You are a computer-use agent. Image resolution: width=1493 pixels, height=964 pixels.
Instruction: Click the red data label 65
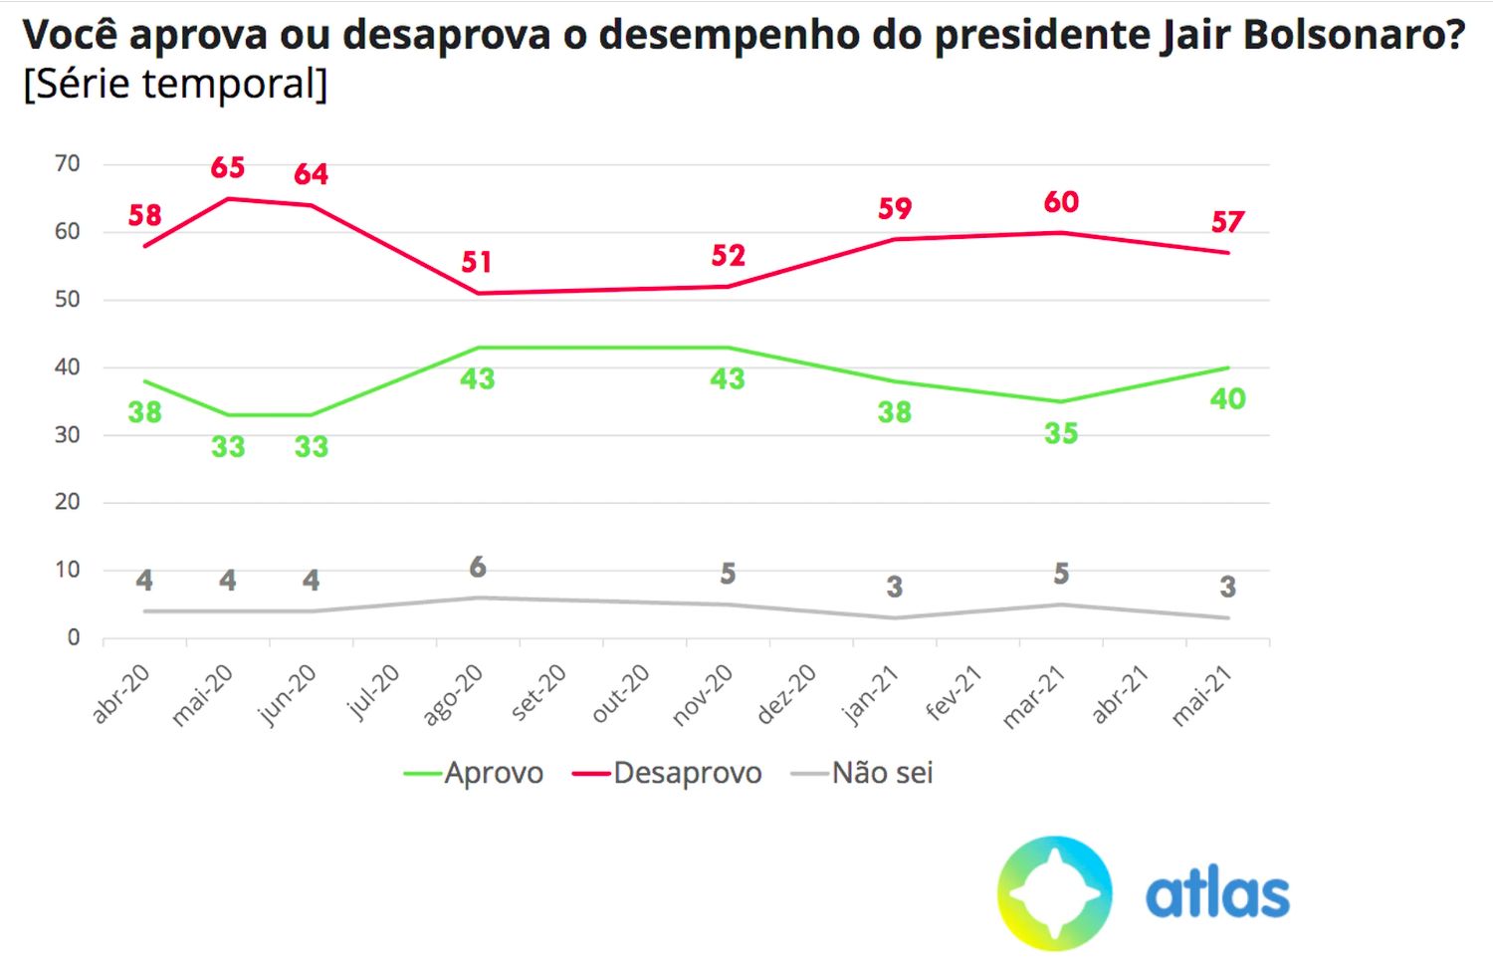(228, 167)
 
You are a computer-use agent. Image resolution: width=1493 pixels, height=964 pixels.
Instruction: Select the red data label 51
(477, 262)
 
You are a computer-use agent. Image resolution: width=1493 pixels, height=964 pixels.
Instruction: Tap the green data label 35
(1061, 433)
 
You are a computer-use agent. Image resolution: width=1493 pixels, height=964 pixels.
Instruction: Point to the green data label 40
(1227, 399)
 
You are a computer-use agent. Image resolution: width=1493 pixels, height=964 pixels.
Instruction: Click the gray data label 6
(478, 567)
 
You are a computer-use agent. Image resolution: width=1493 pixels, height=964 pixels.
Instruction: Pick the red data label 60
(1061, 202)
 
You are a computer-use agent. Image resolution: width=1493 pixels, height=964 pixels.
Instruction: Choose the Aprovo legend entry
(474, 773)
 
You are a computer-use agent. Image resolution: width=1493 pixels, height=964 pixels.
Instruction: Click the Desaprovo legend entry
(667, 773)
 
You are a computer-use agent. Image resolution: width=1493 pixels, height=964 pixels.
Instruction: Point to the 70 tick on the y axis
(67, 163)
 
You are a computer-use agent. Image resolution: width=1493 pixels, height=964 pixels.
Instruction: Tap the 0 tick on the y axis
(73, 637)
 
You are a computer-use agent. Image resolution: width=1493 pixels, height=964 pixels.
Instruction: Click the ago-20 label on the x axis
(454, 694)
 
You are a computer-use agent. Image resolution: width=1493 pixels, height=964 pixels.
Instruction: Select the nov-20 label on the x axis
(704, 694)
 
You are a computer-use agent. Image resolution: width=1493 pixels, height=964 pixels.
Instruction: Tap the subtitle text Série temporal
(175, 84)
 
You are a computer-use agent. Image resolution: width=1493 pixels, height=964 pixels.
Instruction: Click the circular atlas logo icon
(1054, 892)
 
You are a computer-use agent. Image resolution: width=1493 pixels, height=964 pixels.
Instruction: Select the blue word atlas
(1217, 893)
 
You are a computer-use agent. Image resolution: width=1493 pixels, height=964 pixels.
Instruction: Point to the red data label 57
(1227, 221)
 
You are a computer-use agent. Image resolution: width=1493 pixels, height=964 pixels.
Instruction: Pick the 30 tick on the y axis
(67, 434)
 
